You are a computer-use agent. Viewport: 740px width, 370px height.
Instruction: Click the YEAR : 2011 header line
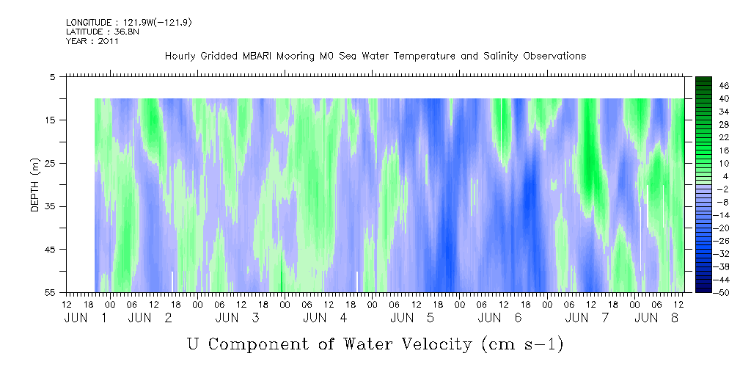point(92,41)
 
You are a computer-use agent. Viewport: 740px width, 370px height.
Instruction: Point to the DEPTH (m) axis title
point(35,185)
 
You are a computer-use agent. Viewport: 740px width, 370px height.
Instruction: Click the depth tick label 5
point(52,76)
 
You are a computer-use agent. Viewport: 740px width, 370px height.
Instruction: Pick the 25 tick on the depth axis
point(50,163)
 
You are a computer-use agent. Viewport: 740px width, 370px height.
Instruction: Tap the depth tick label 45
point(50,249)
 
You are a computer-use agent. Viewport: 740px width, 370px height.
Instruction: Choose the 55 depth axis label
point(50,292)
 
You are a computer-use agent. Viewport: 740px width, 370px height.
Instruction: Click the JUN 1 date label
point(85,318)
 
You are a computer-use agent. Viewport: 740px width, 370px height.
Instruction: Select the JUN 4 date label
point(325,318)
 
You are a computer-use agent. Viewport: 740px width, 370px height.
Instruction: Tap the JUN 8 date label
point(656,318)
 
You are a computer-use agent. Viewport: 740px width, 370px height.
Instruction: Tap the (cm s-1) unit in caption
point(522,344)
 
